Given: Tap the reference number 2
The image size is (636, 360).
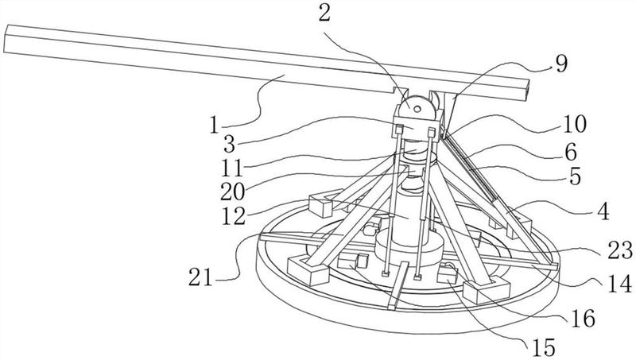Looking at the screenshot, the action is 324,14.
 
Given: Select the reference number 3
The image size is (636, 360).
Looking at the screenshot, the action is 229,144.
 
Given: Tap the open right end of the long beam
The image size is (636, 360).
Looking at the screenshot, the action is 525,91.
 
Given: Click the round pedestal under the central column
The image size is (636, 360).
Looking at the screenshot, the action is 409,250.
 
